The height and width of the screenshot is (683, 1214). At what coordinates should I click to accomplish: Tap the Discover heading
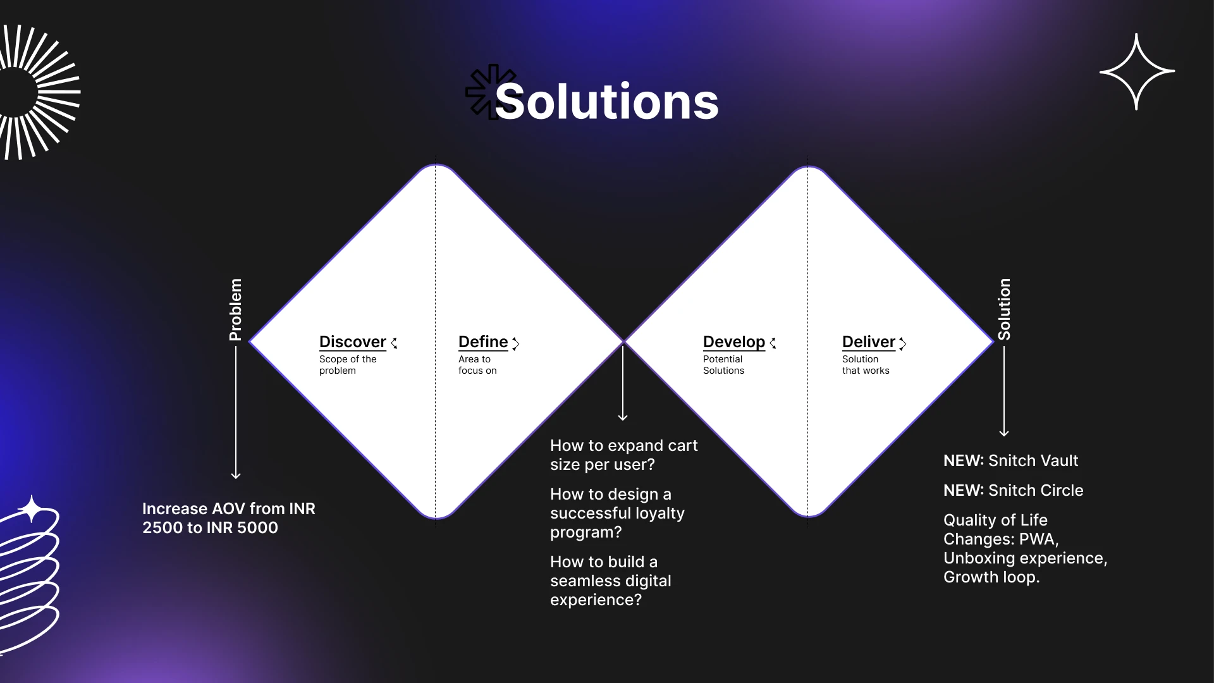coord(352,341)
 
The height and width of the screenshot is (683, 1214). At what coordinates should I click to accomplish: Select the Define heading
coord(483,341)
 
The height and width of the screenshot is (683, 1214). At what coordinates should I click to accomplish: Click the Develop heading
coord(734,342)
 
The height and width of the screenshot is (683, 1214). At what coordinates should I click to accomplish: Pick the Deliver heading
coord(869,341)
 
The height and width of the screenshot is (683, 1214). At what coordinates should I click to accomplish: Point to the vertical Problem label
coord(235,310)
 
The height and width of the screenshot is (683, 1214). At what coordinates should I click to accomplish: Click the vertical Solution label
coord(1004,309)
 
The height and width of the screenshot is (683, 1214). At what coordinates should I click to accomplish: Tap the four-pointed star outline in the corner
coord(1137,71)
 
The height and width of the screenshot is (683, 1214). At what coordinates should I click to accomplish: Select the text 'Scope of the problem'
coord(348,365)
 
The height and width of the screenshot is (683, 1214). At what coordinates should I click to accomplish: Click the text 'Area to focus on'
coord(477,365)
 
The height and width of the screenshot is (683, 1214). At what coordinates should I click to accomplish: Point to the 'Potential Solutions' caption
coord(723,365)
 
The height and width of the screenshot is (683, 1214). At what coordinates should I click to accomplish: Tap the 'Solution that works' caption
coord(866,365)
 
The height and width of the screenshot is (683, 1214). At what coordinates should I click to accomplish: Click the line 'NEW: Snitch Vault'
coord(1010,460)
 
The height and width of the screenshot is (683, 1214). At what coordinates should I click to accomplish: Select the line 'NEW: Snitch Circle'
coord(1013,490)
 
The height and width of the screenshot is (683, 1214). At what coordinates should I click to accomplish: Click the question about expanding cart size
coord(623,455)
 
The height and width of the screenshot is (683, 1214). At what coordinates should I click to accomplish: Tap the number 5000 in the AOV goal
coord(257,527)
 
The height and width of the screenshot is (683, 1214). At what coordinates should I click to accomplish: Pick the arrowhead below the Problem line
coord(236,475)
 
